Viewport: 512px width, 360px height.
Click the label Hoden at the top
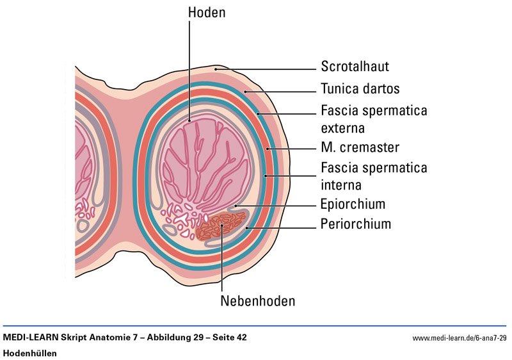click(206, 12)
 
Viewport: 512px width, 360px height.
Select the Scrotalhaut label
click(355, 67)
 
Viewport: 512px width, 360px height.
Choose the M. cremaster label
click(360, 148)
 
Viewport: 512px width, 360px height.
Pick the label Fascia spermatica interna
click(374, 176)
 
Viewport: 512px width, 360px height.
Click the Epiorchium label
click(353, 205)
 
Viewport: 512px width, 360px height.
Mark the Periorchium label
click(355, 224)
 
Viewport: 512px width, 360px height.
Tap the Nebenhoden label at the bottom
click(259, 300)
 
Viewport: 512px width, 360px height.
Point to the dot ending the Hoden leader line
click(189, 119)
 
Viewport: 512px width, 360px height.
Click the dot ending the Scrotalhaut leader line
click(217, 68)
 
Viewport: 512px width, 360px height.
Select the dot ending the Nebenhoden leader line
click(222, 225)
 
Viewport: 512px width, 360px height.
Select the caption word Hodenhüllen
click(30, 353)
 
